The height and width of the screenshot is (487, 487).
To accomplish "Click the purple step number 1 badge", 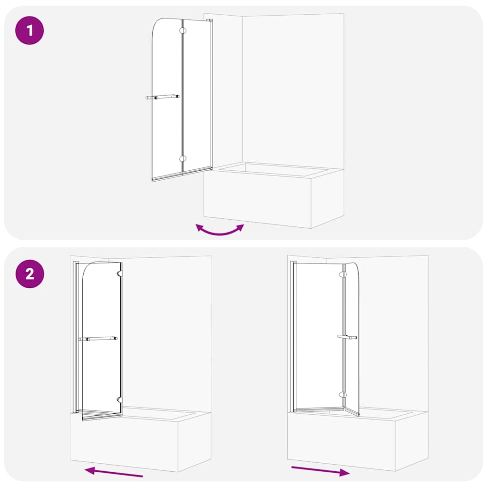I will (30, 31).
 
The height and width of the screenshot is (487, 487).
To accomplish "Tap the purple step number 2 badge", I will (30, 274).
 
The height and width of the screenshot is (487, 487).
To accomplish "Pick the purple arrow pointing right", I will (321, 471).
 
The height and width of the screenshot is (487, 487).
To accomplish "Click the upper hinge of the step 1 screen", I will (183, 31).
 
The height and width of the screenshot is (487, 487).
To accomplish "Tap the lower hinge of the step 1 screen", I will (183, 159).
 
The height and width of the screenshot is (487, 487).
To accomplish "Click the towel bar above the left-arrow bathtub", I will (98, 339).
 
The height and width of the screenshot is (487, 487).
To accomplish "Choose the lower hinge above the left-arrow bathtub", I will (120, 400).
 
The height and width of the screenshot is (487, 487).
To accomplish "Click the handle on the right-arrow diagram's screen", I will (347, 337).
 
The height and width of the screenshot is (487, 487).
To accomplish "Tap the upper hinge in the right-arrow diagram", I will (342, 274).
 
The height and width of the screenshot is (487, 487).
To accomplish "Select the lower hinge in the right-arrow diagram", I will (342, 394).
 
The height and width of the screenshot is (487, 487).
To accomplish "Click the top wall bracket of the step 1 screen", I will (210, 20).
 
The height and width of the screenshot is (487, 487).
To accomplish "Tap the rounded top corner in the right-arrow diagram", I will (356, 267).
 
